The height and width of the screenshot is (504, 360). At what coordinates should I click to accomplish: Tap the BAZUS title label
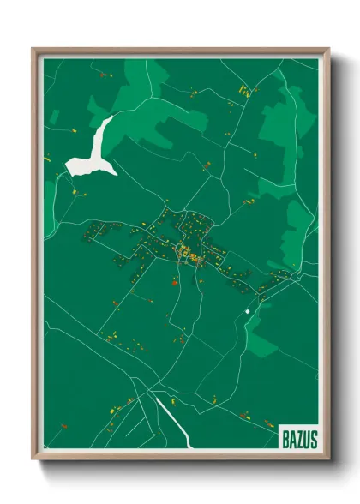[x=299, y=439]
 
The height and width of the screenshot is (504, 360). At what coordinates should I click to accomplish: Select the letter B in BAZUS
[x=285, y=439]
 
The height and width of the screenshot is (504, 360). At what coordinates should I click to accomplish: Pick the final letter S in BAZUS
[x=314, y=439]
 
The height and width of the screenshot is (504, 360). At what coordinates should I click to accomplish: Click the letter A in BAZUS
[x=292, y=439]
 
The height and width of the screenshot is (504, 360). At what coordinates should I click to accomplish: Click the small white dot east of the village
[x=247, y=311]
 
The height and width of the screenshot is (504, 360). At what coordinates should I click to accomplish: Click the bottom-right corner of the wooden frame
[x=328, y=459]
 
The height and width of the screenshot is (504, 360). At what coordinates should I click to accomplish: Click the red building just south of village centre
[x=174, y=281]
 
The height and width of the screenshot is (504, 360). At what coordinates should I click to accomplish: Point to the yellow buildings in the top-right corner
[x=245, y=90]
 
